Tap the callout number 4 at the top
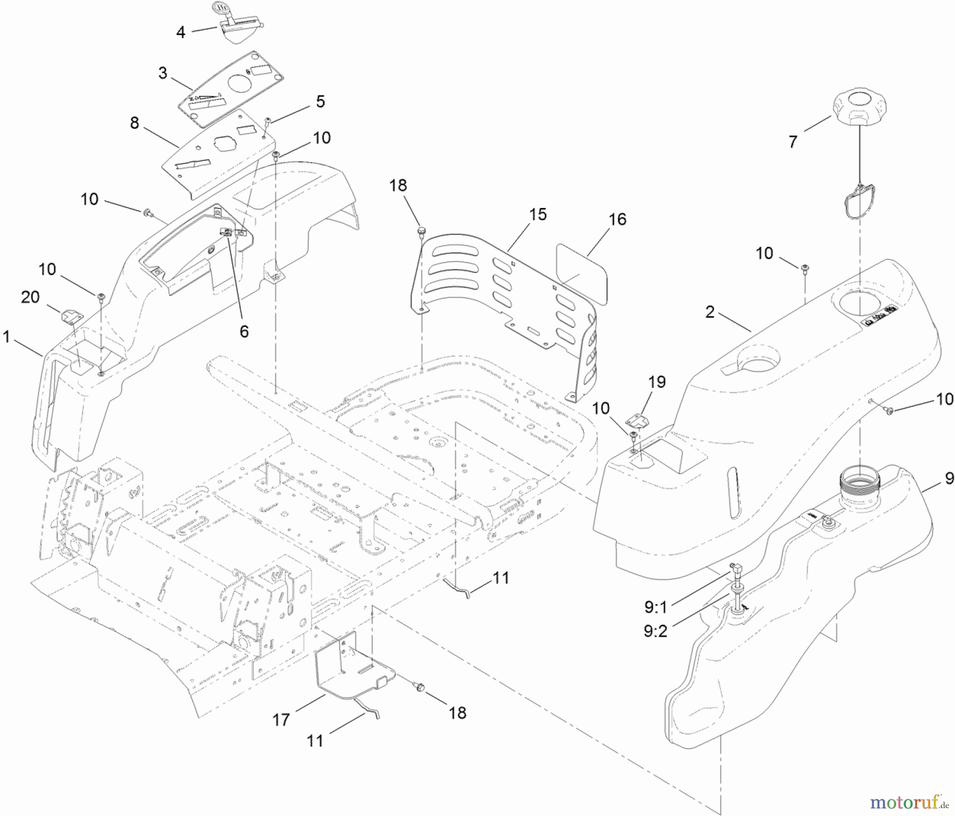coord(181,32)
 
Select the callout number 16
coord(618,219)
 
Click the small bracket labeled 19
coord(637,421)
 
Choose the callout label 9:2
coord(655,631)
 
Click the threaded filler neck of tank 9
coord(860,480)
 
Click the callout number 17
coord(281,719)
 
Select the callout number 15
coord(537,214)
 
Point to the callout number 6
coord(244,331)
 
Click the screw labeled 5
coord(268,121)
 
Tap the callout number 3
coord(163,73)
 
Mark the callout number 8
coord(134,123)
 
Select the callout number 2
coord(710,312)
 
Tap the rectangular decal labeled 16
coord(582,272)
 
